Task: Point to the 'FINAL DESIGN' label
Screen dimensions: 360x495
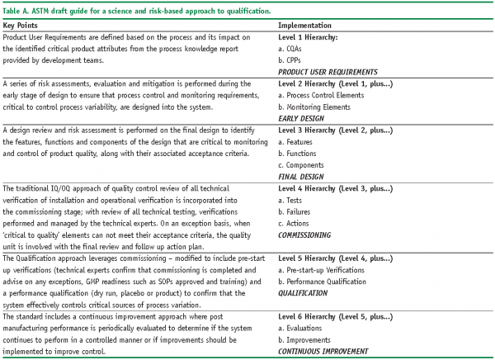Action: click(302, 177)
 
